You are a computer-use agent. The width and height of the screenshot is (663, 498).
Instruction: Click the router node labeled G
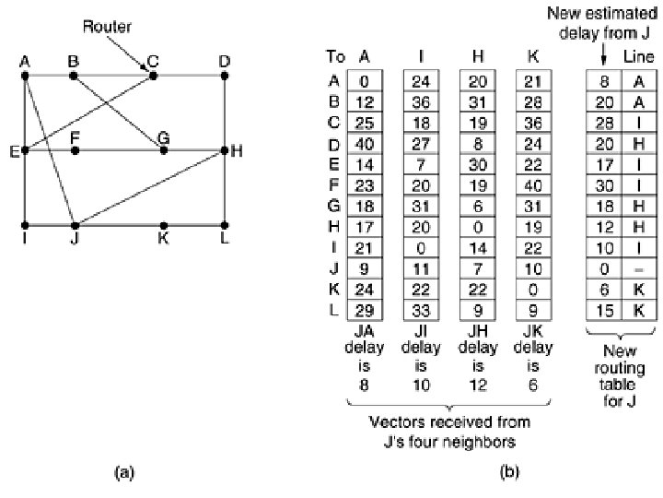click(x=163, y=149)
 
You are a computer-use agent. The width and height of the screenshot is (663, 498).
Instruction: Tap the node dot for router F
click(x=76, y=149)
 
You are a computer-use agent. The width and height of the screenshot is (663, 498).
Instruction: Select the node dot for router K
click(x=163, y=225)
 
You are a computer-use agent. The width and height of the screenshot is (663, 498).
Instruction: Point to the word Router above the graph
click(x=107, y=27)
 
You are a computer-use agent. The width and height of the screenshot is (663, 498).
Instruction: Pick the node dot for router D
click(x=225, y=74)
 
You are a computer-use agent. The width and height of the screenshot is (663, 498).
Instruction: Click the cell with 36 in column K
click(x=531, y=122)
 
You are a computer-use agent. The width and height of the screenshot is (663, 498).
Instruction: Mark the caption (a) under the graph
click(x=123, y=472)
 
